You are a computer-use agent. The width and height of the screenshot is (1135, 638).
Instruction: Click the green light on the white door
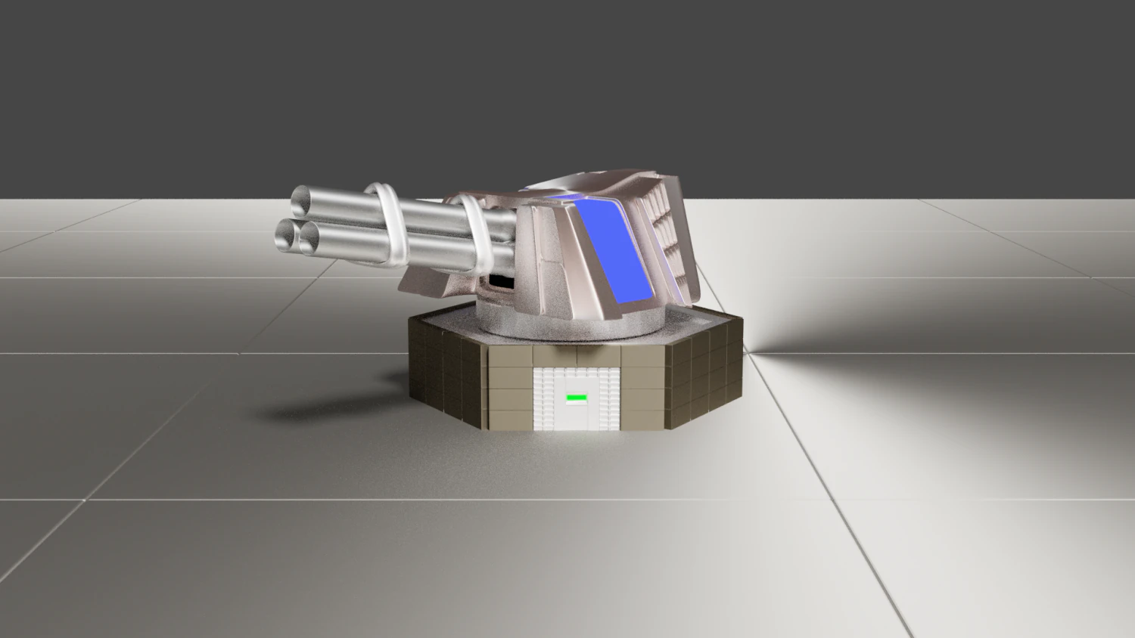577,396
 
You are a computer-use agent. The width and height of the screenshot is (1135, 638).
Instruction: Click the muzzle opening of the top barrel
303,201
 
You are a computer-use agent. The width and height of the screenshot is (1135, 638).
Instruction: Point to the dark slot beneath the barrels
500,282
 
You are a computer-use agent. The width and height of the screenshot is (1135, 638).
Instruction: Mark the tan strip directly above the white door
577,355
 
